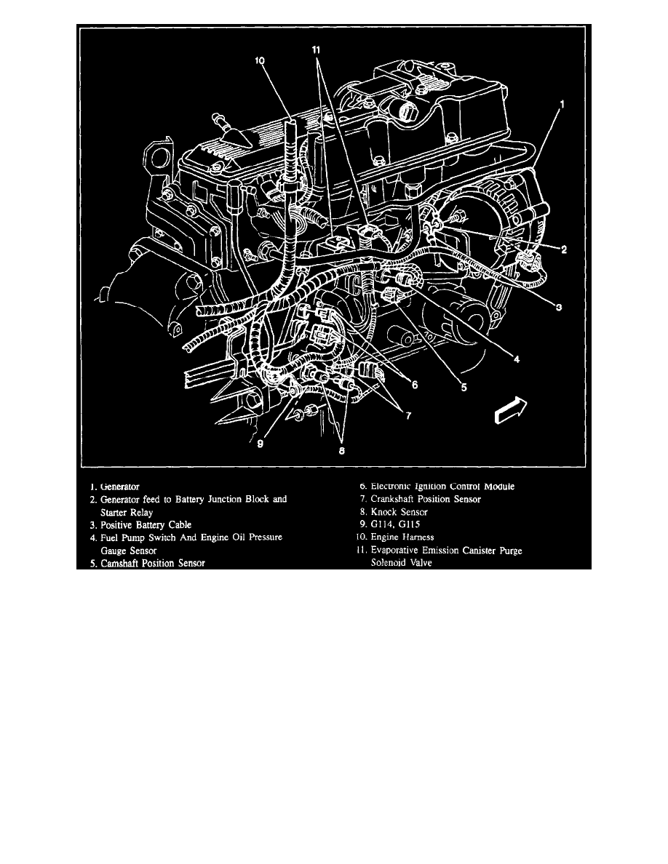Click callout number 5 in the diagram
[x=464, y=388]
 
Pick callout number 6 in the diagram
[x=414, y=385]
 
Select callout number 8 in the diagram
[x=341, y=451]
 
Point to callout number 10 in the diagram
[x=260, y=62]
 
